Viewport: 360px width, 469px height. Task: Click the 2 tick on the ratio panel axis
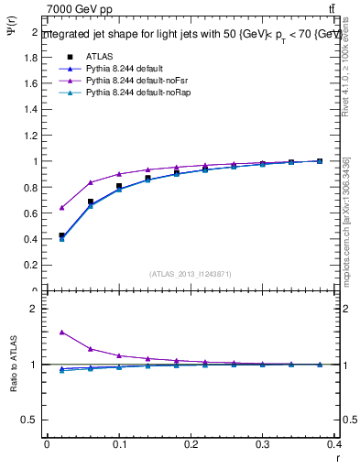[x=36, y=309]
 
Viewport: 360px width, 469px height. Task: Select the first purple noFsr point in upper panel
[x=61, y=208]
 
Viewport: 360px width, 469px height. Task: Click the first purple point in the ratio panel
[x=61, y=333]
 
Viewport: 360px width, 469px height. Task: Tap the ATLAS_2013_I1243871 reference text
[x=191, y=275]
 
